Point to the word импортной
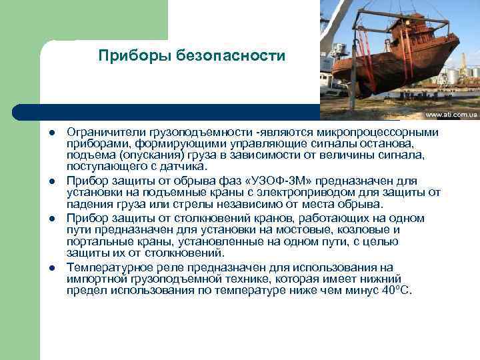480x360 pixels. click(x=97, y=279)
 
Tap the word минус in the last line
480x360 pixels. click(x=361, y=291)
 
